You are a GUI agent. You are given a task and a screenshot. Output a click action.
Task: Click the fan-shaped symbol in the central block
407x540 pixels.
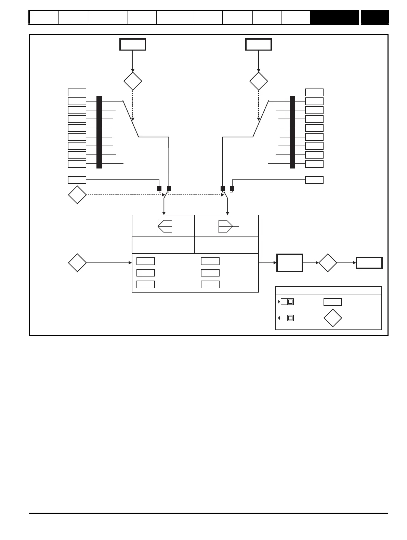[165, 226]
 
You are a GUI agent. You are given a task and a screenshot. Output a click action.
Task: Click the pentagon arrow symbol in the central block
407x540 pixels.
[226, 226]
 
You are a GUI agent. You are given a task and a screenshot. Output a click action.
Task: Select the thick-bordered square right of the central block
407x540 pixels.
[289, 263]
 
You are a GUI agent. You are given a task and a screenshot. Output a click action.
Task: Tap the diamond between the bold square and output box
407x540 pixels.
[328, 263]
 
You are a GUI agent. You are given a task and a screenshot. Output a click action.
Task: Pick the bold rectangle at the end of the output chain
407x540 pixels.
[369, 263]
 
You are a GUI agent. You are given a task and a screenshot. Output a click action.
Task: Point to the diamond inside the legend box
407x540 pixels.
[332, 318]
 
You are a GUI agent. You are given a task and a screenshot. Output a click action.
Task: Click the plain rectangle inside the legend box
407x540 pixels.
[332, 302]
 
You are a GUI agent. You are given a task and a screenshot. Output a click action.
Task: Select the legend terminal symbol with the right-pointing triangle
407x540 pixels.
[287, 302]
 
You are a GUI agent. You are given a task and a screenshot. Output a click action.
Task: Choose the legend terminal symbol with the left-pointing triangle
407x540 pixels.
[287, 318]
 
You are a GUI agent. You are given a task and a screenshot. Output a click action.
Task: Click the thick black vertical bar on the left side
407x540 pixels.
[99, 132]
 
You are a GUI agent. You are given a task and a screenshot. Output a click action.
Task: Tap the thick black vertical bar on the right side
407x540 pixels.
[292, 132]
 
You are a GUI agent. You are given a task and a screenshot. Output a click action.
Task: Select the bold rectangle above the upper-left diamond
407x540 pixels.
[133, 44]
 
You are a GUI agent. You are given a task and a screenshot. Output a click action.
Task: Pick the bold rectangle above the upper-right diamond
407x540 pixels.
[259, 44]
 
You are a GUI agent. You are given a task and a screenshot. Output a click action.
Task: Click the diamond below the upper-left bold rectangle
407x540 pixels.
[133, 81]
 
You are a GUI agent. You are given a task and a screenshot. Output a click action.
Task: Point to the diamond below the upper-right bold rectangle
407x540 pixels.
[259, 81]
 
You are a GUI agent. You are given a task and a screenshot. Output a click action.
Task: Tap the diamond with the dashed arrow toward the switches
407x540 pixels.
[77, 195]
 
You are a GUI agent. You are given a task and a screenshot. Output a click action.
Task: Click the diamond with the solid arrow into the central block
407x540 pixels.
[77, 263]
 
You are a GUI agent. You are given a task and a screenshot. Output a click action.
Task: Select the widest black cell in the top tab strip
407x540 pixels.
[334, 17]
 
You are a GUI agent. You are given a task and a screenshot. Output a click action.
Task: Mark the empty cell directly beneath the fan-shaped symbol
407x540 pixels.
[163, 245]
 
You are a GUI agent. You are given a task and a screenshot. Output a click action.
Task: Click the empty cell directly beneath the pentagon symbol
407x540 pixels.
[226, 245]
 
